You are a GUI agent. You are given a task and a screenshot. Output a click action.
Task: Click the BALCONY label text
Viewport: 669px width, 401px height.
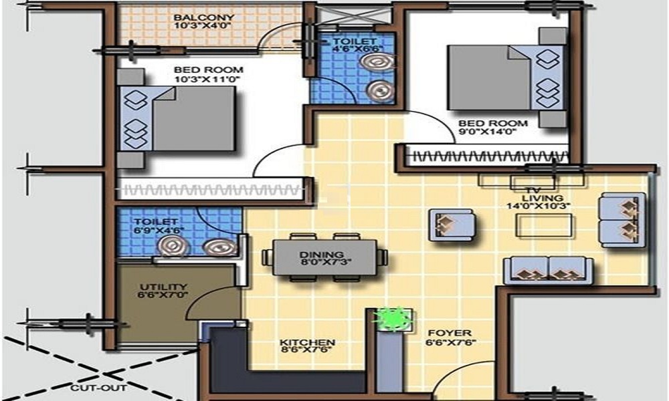[204, 17]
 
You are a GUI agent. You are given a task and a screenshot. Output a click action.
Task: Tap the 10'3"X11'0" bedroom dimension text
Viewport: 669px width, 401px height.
[207, 80]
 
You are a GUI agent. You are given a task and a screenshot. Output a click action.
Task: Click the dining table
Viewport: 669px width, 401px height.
[324, 257]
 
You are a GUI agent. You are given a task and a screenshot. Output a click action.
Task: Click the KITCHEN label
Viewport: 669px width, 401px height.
[307, 343]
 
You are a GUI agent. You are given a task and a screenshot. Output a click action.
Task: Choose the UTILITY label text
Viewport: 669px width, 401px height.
[163, 287]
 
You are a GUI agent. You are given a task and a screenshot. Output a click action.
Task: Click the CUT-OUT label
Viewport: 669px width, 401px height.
[98, 388]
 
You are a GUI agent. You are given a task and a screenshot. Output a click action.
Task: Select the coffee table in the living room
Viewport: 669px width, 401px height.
[544, 225]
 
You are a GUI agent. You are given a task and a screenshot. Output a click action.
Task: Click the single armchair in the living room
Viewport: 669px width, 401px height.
[451, 225]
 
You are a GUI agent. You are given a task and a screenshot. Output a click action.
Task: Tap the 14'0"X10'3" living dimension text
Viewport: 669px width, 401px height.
[539, 207]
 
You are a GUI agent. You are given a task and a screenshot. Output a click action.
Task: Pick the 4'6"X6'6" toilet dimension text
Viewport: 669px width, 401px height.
[358, 49]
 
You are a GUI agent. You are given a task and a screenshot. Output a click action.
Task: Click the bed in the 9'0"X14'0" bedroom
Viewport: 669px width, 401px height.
[506, 78]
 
